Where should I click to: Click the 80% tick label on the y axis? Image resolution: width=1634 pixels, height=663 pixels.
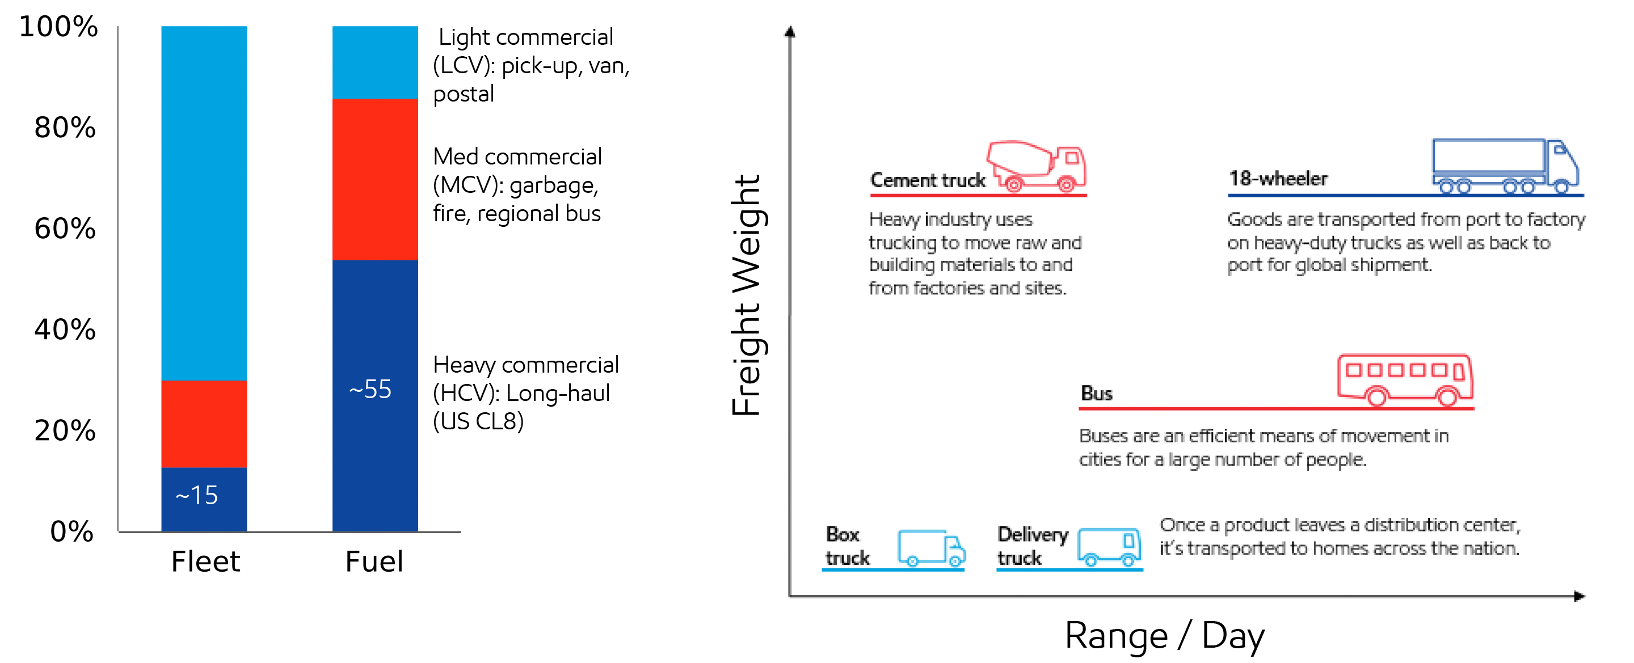65,128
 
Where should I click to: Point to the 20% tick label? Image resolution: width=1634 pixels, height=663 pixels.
65,430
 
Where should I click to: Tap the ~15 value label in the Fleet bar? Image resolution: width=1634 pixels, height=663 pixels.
197,496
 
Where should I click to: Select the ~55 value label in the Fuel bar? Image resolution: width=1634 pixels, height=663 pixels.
370,390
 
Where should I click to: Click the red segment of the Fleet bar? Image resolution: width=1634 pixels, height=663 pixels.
204,424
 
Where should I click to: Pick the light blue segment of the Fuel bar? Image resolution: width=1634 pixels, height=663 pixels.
375,62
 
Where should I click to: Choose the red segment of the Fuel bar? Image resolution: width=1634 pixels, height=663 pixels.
375,179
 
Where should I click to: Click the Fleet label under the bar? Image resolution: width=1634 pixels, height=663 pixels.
205,561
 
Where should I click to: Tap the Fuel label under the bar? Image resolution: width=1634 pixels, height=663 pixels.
374,561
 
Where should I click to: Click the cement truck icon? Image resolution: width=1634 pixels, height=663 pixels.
1037,167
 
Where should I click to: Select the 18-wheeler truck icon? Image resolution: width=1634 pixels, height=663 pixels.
1505,166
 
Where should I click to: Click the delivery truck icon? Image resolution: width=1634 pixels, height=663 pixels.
1109,547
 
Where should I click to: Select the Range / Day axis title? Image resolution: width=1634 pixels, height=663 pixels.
1165,635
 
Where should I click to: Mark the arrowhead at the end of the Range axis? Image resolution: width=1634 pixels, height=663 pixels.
1580,596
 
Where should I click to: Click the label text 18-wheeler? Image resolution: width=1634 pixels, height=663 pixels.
1278,179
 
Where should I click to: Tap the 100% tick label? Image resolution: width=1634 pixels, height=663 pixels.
58,27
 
